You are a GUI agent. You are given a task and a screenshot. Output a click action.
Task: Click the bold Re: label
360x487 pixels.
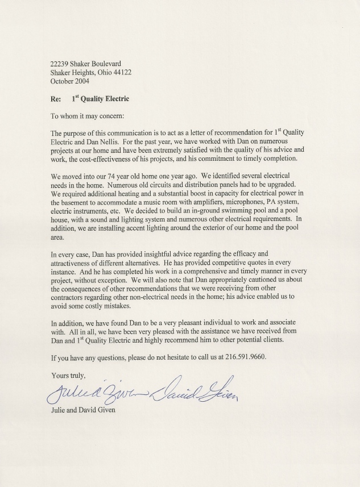pos(56,99)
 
